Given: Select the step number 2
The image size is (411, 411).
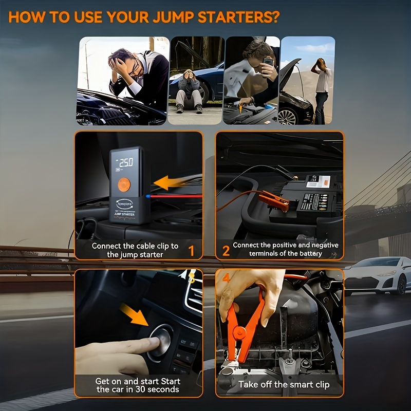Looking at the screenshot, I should (226, 251).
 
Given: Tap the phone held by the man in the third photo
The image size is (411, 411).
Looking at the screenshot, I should (268, 62).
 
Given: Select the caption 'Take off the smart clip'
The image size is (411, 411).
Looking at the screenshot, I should (284, 384).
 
